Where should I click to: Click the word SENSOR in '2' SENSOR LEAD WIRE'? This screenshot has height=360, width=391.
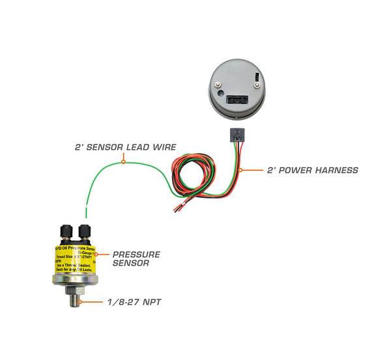(x=107, y=148)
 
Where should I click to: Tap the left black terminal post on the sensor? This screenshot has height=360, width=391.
(x=66, y=230)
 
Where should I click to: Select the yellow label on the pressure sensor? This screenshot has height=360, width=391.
(x=75, y=260)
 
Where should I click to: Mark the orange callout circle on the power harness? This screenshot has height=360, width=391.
(x=241, y=171)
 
